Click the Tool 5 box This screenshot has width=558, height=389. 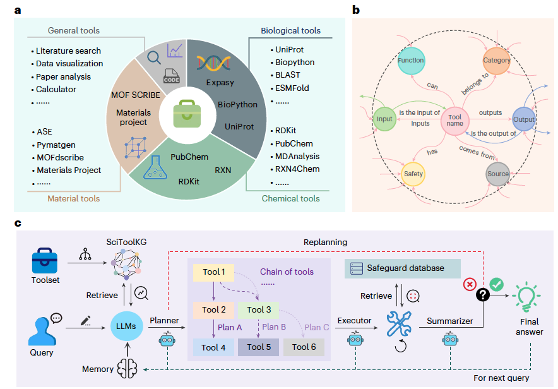tap(259, 347)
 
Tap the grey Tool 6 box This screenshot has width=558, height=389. tap(304, 347)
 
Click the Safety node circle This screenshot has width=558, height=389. tap(413, 174)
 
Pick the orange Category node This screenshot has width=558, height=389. tap(496, 61)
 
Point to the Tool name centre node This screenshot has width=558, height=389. tap(454, 120)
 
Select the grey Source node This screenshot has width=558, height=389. tap(497, 174)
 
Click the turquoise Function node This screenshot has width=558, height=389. tap(411, 61)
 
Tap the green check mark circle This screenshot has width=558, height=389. tap(496, 285)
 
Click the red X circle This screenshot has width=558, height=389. tap(469, 284)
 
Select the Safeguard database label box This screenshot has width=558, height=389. tap(403, 268)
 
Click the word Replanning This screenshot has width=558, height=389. tap(326, 242)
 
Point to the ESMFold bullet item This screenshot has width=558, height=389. tap(292, 88)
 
